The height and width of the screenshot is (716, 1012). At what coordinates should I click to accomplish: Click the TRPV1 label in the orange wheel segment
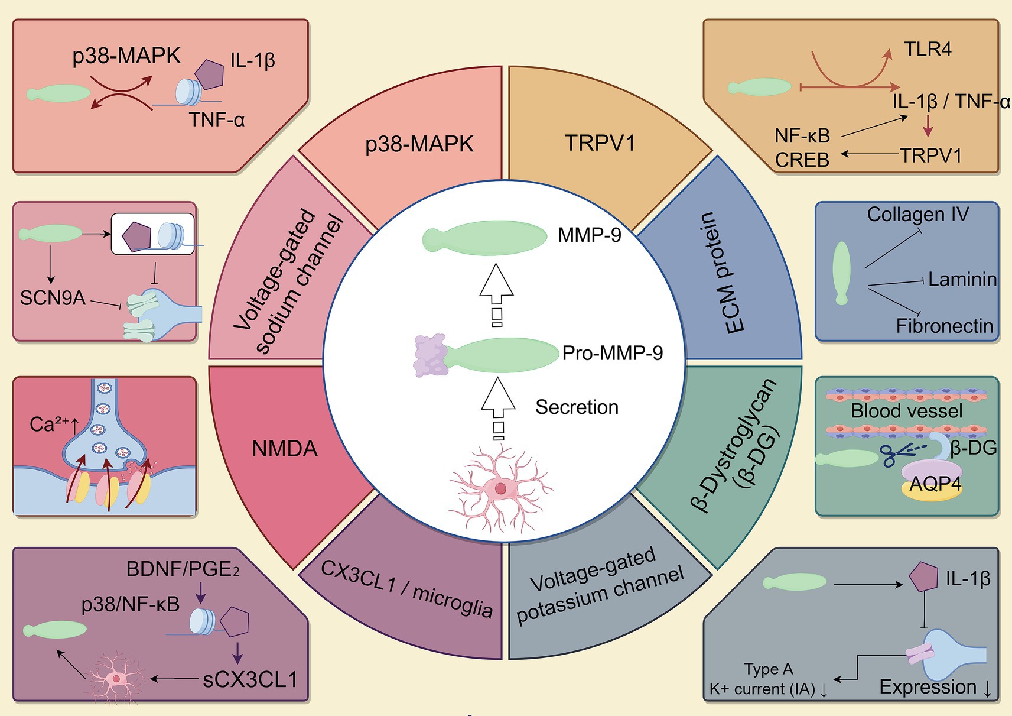click(x=599, y=143)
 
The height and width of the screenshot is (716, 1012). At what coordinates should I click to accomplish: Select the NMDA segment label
click(x=285, y=449)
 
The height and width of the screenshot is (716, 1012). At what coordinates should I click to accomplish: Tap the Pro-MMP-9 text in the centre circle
click(x=612, y=353)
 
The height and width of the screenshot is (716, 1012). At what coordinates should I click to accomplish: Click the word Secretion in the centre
click(x=577, y=407)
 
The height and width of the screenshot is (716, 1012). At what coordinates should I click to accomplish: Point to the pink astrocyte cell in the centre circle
click(x=500, y=488)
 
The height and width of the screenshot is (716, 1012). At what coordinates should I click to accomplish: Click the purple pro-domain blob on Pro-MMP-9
click(x=430, y=355)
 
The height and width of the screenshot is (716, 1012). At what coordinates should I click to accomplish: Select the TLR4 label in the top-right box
click(x=928, y=49)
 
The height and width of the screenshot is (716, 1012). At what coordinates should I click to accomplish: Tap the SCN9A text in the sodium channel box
click(x=53, y=298)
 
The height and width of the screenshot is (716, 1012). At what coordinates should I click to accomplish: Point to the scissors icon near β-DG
click(x=897, y=454)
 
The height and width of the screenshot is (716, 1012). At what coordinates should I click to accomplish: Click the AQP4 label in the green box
click(x=935, y=484)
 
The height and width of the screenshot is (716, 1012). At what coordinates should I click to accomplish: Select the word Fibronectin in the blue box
click(x=944, y=326)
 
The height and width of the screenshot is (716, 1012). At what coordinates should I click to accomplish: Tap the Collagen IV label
click(x=917, y=214)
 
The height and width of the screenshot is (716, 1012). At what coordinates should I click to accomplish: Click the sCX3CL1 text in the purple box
click(x=250, y=679)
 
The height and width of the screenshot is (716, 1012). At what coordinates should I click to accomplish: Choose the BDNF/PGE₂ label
click(x=183, y=569)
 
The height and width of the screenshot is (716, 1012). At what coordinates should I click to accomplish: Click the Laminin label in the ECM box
click(x=962, y=279)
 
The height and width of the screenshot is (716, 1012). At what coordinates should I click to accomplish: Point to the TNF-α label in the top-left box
click(x=216, y=119)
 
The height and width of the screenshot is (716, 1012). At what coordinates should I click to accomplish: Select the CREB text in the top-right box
click(x=802, y=160)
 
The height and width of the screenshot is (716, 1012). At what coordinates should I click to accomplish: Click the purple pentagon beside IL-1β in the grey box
click(x=923, y=578)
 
